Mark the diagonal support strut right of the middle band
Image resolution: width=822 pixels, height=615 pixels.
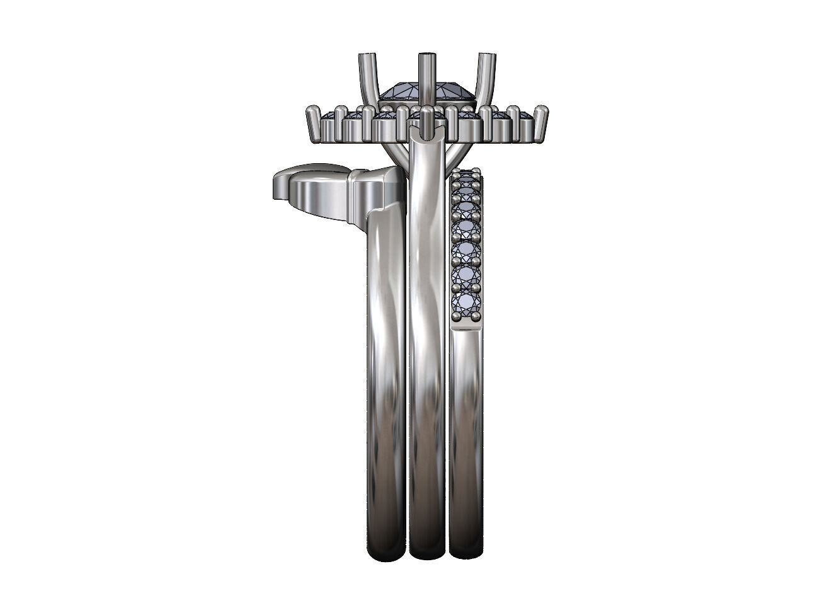(x=455, y=152)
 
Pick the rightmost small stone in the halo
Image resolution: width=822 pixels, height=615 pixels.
(x=524, y=117)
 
